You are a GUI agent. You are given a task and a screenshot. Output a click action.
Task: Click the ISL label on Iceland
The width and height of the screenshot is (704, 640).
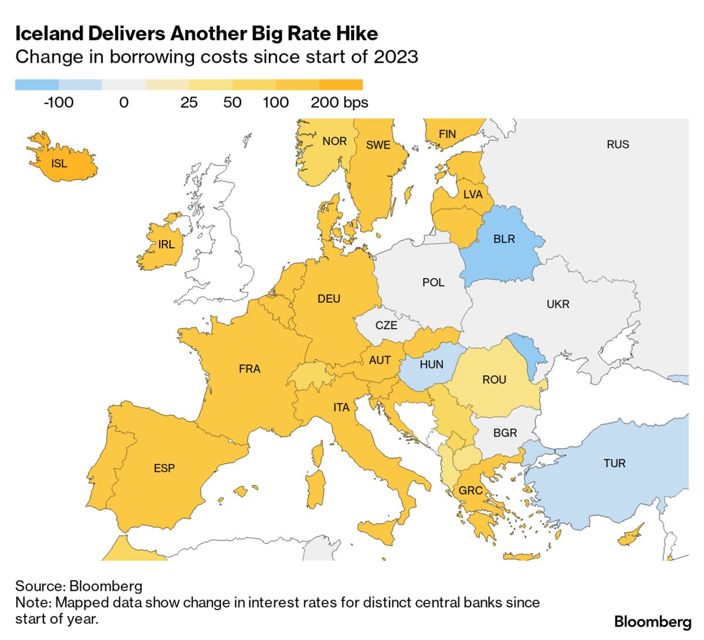tap(59, 163)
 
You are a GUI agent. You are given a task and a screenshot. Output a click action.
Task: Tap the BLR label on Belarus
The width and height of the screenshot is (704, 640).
tap(504, 239)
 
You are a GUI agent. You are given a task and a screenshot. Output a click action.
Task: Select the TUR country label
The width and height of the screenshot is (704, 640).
tap(614, 463)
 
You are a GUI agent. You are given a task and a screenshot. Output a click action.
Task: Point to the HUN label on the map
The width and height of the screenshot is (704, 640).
tap(431, 364)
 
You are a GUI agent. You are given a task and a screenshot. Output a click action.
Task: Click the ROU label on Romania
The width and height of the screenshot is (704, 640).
tap(494, 380)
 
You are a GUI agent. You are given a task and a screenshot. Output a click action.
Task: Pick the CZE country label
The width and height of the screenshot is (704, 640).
tap(386, 325)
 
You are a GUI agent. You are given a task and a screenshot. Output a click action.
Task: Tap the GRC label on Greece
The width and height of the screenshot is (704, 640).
tap(471, 490)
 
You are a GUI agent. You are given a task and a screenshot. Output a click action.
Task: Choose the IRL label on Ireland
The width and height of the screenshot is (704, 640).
tap(167, 245)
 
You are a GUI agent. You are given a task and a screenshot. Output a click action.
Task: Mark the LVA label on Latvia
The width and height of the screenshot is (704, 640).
tap(473, 194)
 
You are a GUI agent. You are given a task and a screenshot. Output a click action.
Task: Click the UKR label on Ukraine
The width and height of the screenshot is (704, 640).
tap(558, 304)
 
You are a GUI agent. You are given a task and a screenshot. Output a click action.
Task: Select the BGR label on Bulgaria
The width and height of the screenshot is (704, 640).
tap(505, 433)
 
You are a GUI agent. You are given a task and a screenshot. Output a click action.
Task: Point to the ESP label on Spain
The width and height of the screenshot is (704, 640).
tap(164, 468)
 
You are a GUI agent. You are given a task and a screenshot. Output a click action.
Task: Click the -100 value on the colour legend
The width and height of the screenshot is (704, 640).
tap(59, 103)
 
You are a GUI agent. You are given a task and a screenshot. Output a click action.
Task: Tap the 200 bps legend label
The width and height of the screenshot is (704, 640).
tap(339, 103)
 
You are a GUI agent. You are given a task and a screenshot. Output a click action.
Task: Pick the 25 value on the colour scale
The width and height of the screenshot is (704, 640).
tap(189, 103)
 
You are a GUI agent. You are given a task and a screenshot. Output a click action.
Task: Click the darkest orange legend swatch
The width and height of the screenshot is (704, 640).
tap(341, 85)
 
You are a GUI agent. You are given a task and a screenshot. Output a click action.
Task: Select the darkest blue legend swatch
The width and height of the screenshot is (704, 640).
tap(37, 85)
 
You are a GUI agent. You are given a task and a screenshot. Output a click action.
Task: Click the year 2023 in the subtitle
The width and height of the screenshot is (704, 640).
tap(395, 57)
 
